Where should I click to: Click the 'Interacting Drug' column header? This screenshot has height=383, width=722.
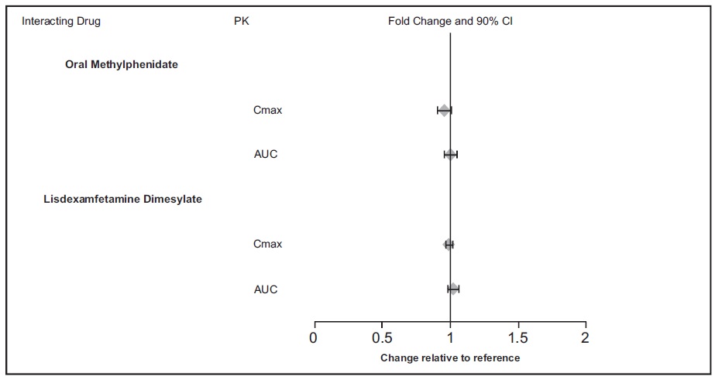click(x=61, y=21)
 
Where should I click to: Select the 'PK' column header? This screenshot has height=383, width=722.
click(x=242, y=21)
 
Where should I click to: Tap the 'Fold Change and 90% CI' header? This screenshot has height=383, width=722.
click(x=450, y=21)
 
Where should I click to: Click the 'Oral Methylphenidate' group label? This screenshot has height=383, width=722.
click(x=121, y=64)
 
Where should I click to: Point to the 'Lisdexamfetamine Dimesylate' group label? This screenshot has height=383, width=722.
click(x=122, y=199)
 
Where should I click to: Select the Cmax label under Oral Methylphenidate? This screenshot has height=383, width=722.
click(x=267, y=110)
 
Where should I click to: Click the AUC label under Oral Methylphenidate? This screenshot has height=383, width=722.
click(x=266, y=154)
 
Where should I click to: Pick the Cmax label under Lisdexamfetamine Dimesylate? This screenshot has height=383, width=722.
click(x=267, y=244)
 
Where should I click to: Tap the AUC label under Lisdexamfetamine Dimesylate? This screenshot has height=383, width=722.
click(x=266, y=289)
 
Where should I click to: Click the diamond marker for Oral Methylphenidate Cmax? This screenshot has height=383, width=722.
click(x=444, y=111)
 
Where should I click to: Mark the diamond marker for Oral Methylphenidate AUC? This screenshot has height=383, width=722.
click(x=450, y=155)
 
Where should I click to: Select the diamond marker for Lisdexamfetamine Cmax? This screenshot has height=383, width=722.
click(x=449, y=245)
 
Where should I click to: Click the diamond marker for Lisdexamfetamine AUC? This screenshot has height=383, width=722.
click(x=453, y=289)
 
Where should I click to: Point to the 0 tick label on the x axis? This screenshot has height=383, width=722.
click(x=314, y=338)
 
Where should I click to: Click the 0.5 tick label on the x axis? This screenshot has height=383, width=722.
click(x=381, y=338)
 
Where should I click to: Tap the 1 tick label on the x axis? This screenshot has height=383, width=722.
click(x=450, y=338)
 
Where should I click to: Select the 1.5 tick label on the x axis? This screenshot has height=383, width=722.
click(x=517, y=338)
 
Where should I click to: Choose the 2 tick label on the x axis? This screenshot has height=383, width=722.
click(x=585, y=338)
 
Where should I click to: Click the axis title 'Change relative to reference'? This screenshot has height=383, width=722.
click(x=450, y=358)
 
